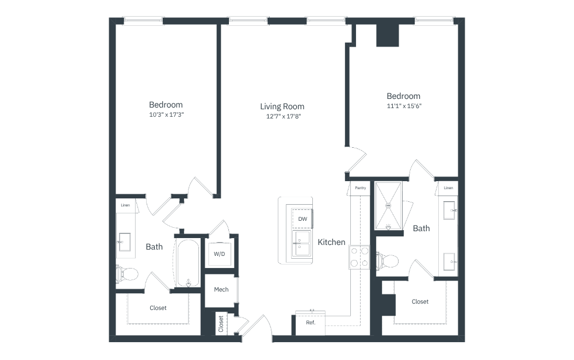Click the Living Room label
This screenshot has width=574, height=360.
coord(282,106)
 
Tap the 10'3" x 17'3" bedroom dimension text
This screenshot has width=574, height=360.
coord(166,114)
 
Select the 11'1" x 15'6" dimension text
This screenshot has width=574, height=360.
coord(404,106)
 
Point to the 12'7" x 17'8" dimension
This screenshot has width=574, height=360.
coord(284,116)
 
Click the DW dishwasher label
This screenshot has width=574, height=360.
coord(303,219)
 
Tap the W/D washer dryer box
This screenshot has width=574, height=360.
coord(219,254)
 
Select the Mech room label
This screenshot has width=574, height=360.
coord(221,289)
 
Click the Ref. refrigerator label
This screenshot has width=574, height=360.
coord(311,323)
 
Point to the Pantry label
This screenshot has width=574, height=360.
coord(360,188)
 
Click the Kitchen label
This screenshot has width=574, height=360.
coord(331,242)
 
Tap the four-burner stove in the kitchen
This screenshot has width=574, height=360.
coord(359,257)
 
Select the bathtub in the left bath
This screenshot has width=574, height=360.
coord(188,263)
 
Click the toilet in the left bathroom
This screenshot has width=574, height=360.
coord(127,273)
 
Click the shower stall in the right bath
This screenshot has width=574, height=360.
coord(388,206)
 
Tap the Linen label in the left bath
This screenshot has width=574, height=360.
coord(125,205)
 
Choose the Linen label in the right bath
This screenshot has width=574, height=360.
coord(449,188)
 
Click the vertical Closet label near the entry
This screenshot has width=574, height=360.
coord(221,324)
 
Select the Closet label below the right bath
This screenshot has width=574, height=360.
coord(420,302)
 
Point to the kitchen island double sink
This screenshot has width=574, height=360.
coord(302,244)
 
